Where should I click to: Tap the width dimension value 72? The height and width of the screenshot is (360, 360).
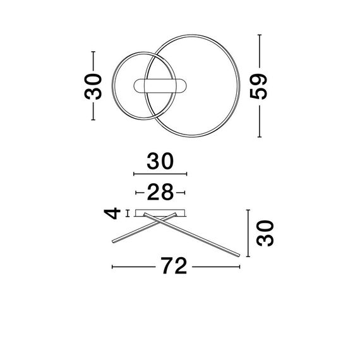pyautogui.click(x=174, y=267)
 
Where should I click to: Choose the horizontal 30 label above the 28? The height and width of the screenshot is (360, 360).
pyautogui.click(x=160, y=162)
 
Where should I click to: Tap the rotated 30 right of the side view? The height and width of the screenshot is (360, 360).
pyautogui.click(x=264, y=233)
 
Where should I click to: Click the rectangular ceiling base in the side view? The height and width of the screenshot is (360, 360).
pyautogui.click(x=160, y=211)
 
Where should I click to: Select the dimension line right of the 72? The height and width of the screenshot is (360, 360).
pyautogui.click(x=217, y=267)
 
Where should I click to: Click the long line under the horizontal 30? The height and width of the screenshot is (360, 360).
pyautogui.click(x=160, y=174)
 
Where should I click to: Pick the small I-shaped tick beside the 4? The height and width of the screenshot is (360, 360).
pyautogui.click(x=128, y=213)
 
